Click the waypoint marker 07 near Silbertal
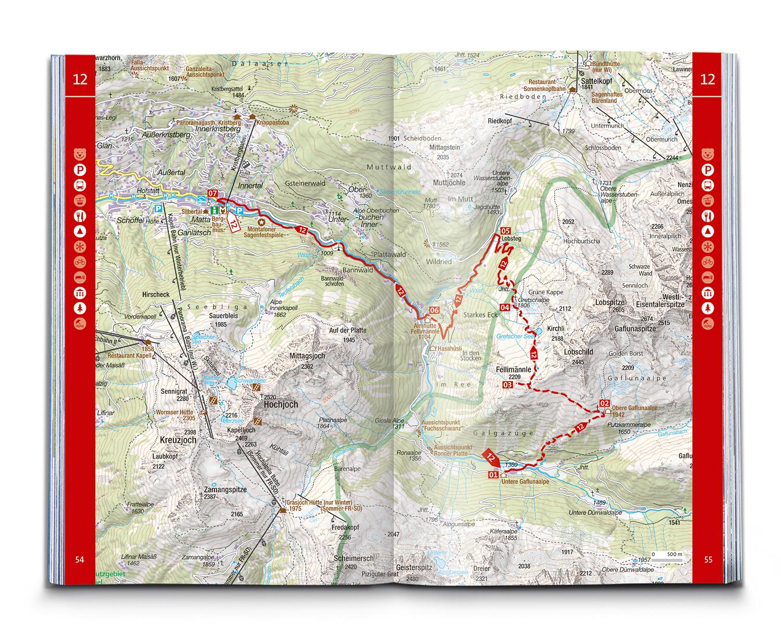point(212,194)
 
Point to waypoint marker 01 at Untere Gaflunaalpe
point(493,475)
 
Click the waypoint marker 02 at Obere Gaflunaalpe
point(604,403)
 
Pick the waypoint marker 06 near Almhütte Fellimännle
point(434,311)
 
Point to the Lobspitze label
point(610,302)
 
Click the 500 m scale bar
point(667,555)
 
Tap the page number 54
point(80,560)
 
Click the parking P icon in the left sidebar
point(80,170)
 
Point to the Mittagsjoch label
point(307,356)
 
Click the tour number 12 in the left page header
point(80,80)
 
